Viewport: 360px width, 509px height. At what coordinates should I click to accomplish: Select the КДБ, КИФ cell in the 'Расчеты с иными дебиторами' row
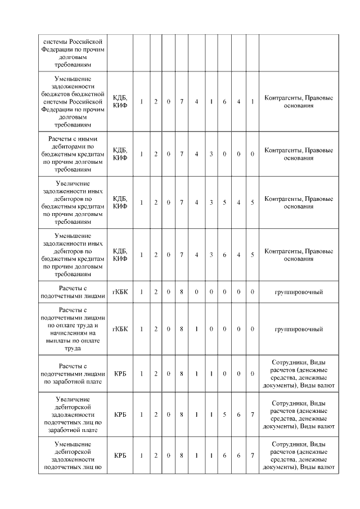click(x=120, y=154)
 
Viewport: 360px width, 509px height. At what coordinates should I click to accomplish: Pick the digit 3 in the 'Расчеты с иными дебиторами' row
click(x=210, y=154)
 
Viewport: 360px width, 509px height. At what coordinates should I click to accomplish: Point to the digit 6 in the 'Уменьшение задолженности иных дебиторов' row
click(x=224, y=255)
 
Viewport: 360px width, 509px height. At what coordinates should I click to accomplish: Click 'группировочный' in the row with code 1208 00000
click(x=298, y=292)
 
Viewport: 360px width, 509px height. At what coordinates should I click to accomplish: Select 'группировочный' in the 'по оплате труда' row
click(x=298, y=328)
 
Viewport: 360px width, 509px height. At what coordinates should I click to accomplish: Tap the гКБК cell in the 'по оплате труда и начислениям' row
click(x=120, y=328)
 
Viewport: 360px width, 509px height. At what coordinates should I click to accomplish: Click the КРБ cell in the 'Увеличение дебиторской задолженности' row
click(x=120, y=415)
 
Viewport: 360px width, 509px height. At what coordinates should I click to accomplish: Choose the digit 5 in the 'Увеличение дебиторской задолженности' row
click(x=224, y=415)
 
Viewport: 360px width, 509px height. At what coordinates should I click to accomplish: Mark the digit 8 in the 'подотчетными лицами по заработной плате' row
click(x=182, y=373)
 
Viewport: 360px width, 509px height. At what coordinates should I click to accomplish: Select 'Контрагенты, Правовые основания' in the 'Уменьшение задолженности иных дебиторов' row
click(x=298, y=255)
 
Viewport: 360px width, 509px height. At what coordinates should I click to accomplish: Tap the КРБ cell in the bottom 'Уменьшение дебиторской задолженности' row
click(x=120, y=456)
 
